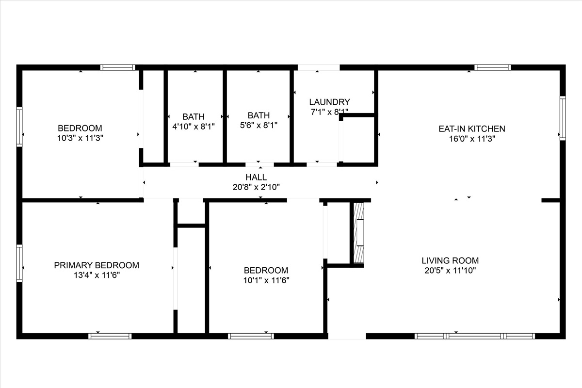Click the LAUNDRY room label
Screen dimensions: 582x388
click(329, 102)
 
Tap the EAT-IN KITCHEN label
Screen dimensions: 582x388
click(472, 129)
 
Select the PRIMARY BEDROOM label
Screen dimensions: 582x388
click(97, 265)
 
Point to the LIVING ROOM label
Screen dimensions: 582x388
click(450, 260)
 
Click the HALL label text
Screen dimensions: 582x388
click(256, 177)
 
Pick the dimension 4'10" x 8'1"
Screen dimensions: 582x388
click(194, 127)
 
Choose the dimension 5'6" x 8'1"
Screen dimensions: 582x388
click(259, 125)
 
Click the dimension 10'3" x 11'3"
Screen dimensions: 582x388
click(80, 138)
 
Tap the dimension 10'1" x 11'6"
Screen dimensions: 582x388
click(266, 280)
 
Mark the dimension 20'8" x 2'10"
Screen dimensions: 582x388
click(256, 187)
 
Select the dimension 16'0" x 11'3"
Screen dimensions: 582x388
click(472, 139)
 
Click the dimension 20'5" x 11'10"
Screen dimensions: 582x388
click(450, 271)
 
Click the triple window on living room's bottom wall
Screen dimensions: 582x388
click(475, 336)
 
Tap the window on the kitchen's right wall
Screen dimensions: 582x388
click(563, 118)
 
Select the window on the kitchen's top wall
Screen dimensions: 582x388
click(493, 67)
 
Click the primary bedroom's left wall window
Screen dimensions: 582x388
click(19, 263)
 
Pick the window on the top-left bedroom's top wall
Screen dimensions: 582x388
click(118, 67)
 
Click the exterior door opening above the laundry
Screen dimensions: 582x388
click(319, 67)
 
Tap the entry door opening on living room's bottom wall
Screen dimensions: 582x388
click(347, 336)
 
